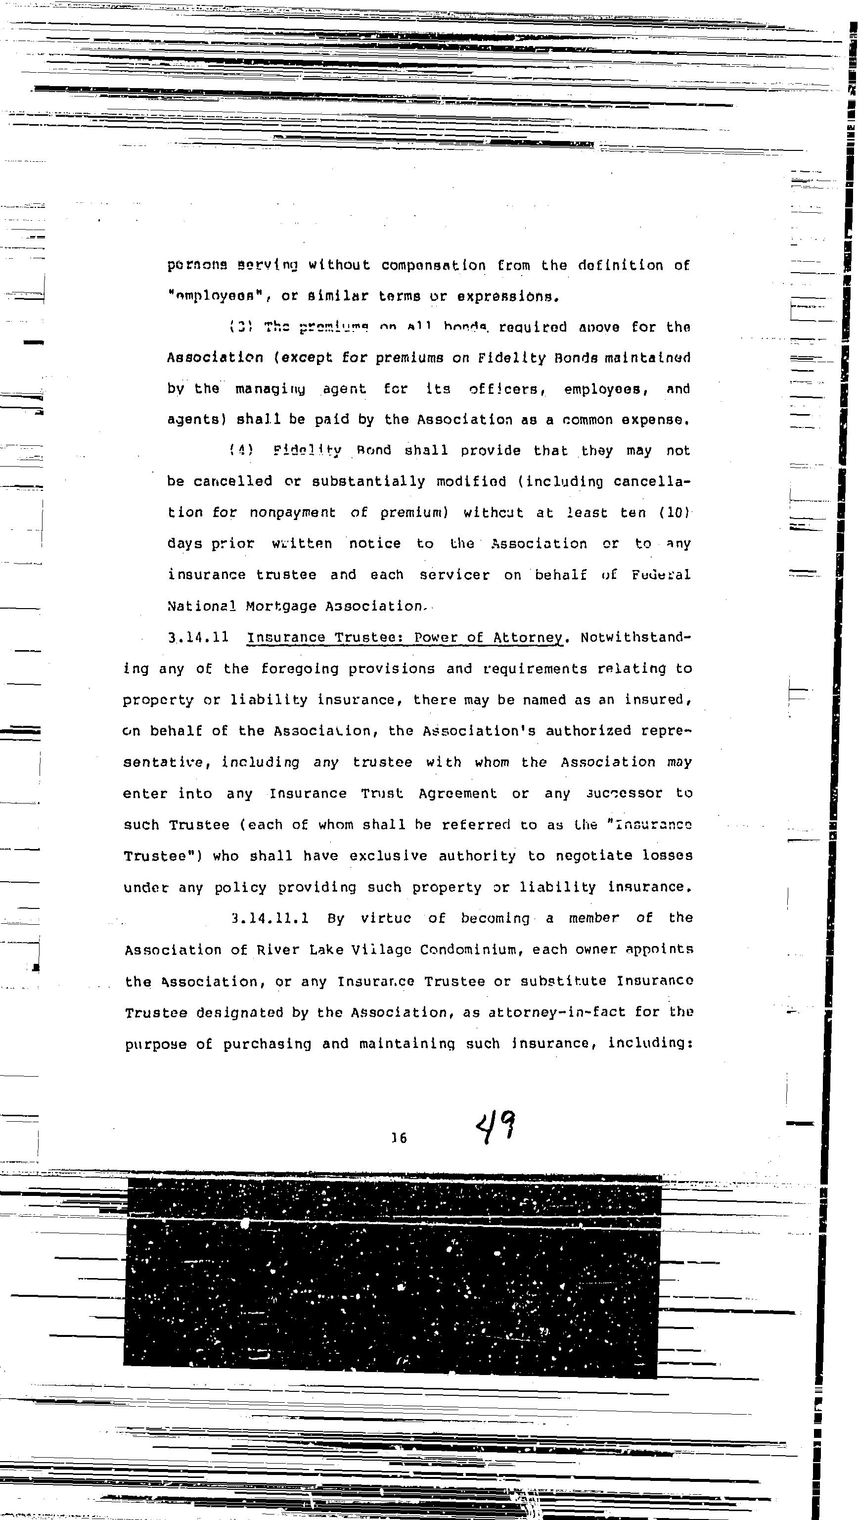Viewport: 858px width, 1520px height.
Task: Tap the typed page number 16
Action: (399, 1138)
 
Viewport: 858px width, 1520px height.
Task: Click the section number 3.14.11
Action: (198, 637)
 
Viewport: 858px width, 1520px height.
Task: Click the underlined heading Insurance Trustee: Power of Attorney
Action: (405, 637)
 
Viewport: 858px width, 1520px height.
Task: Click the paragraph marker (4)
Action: (241, 451)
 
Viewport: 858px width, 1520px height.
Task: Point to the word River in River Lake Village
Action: (273, 950)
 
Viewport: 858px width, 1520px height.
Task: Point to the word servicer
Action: (454, 575)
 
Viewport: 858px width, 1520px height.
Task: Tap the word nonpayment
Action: (292, 513)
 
